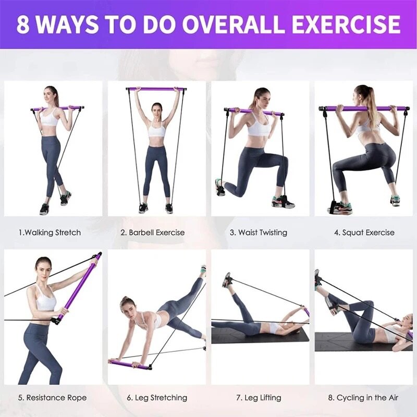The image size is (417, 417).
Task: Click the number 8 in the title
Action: click(23, 24)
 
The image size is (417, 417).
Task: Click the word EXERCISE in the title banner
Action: click(346, 24)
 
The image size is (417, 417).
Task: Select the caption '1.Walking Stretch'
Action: click(50, 232)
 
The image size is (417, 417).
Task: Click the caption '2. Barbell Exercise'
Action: click(153, 232)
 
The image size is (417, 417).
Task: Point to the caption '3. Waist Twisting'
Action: click(259, 232)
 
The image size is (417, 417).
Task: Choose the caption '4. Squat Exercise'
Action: click(364, 232)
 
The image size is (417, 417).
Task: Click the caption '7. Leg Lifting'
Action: click(259, 398)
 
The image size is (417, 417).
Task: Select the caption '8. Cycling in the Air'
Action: click(363, 398)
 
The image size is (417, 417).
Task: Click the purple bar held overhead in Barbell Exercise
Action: click(156, 89)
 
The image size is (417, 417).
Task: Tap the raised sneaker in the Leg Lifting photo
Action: click(226, 280)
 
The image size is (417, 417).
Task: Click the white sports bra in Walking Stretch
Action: click(51, 118)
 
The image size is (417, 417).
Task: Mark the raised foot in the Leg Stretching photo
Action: click(203, 271)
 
